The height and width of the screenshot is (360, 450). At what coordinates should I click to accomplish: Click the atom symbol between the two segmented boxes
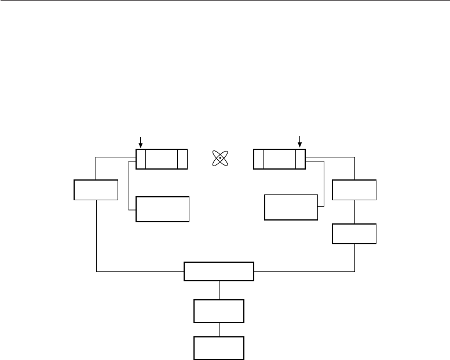[x=221, y=158]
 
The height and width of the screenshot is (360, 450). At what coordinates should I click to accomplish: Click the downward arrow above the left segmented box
[x=140, y=141]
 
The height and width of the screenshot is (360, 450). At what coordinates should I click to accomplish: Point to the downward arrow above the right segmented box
[x=300, y=141]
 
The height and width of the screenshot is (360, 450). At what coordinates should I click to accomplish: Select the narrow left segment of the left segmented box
[x=141, y=159]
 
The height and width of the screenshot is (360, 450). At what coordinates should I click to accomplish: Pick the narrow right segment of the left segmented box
[x=182, y=159]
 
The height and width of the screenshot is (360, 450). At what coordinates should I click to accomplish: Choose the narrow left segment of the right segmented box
[x=258, y=159]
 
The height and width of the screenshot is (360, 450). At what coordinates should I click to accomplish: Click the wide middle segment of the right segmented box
[x=279, y=159]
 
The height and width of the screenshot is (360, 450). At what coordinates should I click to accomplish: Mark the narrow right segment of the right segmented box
[x=300, y=159]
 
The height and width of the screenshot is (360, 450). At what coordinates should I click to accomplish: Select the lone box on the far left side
[x=96, y=190]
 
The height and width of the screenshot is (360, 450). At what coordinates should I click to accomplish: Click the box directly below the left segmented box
[x=162, y=209]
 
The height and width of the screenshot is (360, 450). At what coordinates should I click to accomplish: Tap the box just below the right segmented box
[x=291, y=207]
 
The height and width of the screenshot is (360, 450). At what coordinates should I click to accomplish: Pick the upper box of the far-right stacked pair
[x=354, y=190]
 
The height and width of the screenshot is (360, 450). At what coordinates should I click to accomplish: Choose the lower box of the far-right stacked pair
[x=354, y=233]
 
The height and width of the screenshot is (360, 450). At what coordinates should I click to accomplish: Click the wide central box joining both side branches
[x=219, y=271]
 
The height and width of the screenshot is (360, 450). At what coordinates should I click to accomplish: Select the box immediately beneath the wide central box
[x=219, y=311]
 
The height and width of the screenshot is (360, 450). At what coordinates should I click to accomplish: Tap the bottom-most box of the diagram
[x=219, y=347]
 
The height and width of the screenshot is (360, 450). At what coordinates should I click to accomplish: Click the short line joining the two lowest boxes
[x=219, y=329]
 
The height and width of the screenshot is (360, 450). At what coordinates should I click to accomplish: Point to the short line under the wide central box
[x=219, y=290]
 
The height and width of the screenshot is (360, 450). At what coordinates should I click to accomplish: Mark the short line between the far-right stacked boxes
[x=354, y=211]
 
